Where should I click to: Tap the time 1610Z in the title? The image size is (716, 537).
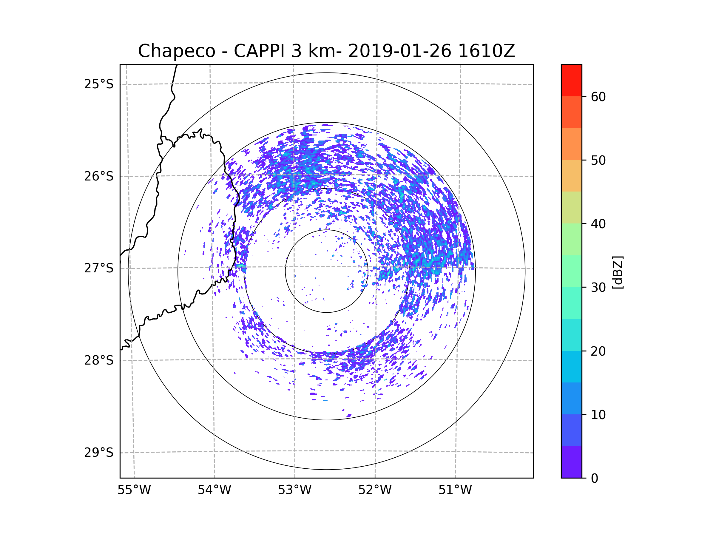pyautogui.click(x=486, y=51)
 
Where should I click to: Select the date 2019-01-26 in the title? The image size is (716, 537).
pyautogui.click(x=400, y=51)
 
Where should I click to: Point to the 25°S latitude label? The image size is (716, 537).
pyautogui.click(x=99, y=84)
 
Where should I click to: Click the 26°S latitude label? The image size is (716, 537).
pyautogui.click(x=99, y=176)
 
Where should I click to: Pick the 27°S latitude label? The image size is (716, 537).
pyautogui.click(x=99, y=268)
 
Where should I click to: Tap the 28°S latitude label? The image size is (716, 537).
pyautogui.click(x=99, y=360)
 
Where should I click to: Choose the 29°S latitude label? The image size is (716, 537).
pyautogui.click(x=99, y=453)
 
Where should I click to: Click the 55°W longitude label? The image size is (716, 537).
pyautogui.click(x=134, y=490)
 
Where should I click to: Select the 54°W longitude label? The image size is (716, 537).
pyautogui.click(x=214, y=490)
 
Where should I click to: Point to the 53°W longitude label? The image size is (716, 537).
pyautogui.click(x=294, y=490)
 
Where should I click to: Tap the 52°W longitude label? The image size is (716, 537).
pyautogui.click(x=375, y=490)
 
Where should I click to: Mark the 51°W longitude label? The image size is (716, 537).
pyautogui.click(x=455, y=490)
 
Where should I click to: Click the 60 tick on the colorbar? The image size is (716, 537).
pyautogui.click(x=598, y=97)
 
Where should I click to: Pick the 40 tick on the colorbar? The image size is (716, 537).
pyautogui.click(x=598, y=224)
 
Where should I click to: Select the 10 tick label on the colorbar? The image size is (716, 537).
pyautogui.click(x=598, y=415)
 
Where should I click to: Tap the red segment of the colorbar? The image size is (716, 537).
pyautogui.click(x=571, y=81)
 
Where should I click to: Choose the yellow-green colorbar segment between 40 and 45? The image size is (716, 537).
pyautogui.click(x=571, y=207)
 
